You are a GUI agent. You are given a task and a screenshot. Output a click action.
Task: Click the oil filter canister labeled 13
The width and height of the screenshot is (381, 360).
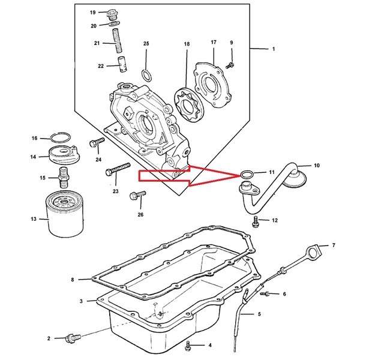click(65, 214)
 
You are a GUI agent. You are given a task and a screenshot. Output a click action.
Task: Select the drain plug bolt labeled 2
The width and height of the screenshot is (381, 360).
click(73, 338)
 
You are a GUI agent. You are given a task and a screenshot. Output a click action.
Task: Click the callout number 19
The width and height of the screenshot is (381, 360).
click(93, 13)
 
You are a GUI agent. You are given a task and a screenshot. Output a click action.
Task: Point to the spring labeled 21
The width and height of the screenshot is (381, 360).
click(117, 40)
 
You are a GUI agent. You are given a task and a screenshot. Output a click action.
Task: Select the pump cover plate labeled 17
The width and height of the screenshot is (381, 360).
click(213, 86)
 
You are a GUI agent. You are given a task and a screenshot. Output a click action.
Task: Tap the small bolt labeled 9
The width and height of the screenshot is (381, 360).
click(230, 65)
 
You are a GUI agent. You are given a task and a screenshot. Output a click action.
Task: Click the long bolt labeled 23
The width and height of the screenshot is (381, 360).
click(118, 169)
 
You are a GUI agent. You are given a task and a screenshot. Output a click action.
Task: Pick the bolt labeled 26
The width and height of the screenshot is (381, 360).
click(138, 195)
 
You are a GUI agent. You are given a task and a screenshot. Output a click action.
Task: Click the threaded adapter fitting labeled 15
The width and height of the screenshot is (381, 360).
click(64, 178)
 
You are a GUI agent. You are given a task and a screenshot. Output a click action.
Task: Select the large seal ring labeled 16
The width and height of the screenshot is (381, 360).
click(61, 137)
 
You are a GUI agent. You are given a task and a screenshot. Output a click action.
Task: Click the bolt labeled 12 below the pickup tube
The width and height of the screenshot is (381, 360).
click(255, 221)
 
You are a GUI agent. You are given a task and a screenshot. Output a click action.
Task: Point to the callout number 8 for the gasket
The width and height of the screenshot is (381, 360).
click(73, 280)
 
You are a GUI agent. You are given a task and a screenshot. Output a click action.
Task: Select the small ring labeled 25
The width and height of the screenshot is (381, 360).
click(147, 76)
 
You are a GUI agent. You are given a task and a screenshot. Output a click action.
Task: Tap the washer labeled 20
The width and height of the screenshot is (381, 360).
click(114, 23)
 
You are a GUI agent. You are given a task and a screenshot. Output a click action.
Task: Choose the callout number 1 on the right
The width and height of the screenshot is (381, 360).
click(274, 49)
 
